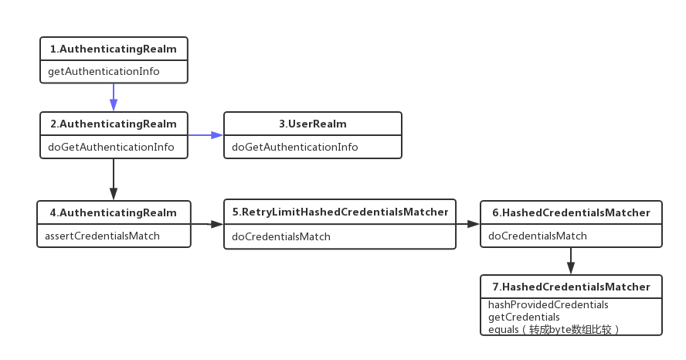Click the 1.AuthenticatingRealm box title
pos(114,49)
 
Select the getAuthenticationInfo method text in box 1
pos(104,71)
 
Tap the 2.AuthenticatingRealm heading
pos(114,124)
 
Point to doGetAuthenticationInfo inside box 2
pos(111,147)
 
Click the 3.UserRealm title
pos(313,124)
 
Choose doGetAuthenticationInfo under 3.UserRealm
pos(295,147)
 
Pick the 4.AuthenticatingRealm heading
pos(114,212)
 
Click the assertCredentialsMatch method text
pos(103,236)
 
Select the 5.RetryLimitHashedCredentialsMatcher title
pos(341,212)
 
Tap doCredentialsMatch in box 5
pos(281,236)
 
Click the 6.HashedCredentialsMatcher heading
pos(572,212)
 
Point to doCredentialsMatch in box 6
pos(537,236)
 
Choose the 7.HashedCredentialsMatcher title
pos(572,287)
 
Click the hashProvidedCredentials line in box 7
pos(548,304)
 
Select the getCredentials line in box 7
pos(524,318)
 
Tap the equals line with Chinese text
pos(554,329)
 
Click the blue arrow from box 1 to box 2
pos(114,97)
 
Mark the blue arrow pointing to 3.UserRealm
pos(205,135)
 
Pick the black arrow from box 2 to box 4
pos(114,179)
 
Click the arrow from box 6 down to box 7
pos(571,261)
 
